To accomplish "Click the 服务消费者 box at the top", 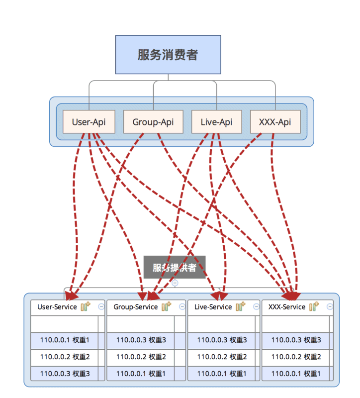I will pyautogui.click(x=168, y=54).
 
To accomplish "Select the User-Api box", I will pyautogui.click(x=89, y=122).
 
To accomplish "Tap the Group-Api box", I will pyautogui.click(x=153, y=122).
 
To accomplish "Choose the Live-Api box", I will pyautogui.click(x=217, y=122).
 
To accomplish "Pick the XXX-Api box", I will pyautogui.click(x=275, y=122).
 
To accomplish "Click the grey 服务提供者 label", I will pyautogui.click(x=175, y=267).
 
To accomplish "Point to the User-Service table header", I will pyautogui.click(x=57, y=307).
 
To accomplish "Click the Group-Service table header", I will pyautogui.click(x=135, y=307).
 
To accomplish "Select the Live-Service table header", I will pyautogui.click(x=213, y=307).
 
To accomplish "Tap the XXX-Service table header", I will pyautogui.click(x=287, y=307).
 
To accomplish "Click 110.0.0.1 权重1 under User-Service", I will pyautogui.click(x=65, y=340).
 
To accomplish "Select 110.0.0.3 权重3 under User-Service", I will pyautogui.click(x=65, y=373).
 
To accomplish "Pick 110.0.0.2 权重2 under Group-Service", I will pyautogui.click(x=141, y=357).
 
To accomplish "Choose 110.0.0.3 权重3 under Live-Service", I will pyautogui.click(x=222, y=340).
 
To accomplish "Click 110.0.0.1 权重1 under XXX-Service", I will pyautogui.click(x=295, y=373).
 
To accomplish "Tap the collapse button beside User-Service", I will pyautogui.click(x=101, y=307).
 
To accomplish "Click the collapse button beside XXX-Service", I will pyautogui.click(x=330, y=307).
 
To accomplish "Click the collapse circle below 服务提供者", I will pyautogui.click(x=175, y=283).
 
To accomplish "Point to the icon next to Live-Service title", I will pyautogui.click(x=241, y=306).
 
